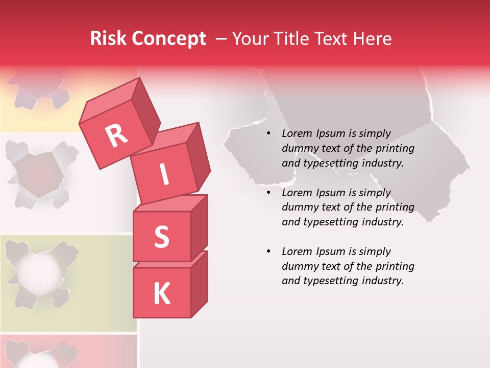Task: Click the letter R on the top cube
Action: pyautogui.click(x=117, y=135)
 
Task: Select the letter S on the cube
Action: pyautogui.click(x=161, y=236)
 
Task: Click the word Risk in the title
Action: pyautogui.click(x=109, y=39)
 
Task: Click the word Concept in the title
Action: pyautogui.click(x=169, y=39)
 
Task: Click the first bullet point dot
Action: pyautogui.click(x=268, y=134)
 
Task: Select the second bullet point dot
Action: pyautogui.click(x=268, y=193)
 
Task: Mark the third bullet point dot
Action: pyautogui.click(x=268, y=252)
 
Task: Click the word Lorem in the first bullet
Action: pyautogui.click(x=297, y=134)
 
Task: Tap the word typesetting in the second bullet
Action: pyautogui.click(x=330, y=222)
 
